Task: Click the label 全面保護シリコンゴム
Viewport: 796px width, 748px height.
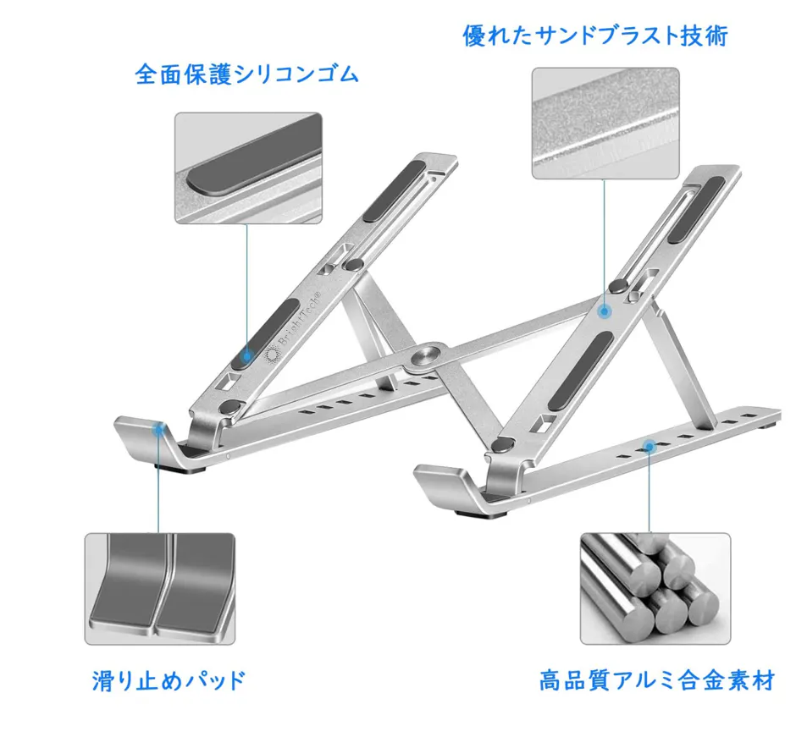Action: [247, 74]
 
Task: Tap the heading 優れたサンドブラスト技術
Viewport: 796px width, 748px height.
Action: [595, 36]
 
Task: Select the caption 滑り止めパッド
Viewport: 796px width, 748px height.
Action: [169, 679]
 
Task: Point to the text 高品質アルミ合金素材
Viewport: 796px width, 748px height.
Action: [656, 679]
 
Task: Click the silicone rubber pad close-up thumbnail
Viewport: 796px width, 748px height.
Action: [248, 168]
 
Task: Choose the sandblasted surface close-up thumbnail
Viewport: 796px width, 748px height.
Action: [605, 124]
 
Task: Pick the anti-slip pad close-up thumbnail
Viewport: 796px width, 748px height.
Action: [159, 589]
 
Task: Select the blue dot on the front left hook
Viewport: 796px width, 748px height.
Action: [158, 429]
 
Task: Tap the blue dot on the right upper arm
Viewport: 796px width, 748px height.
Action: [605, 311]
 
